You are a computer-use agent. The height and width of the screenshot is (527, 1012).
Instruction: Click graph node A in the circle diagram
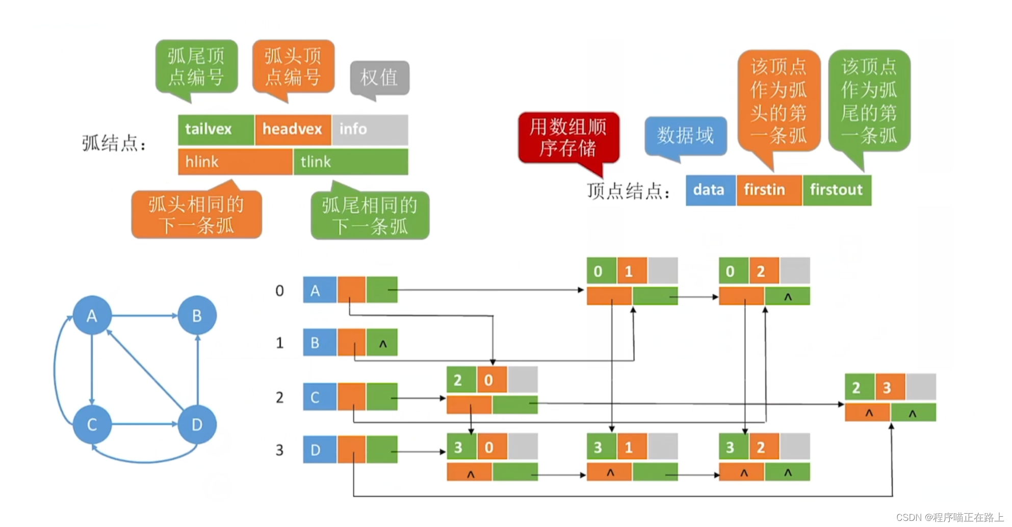point(92,316)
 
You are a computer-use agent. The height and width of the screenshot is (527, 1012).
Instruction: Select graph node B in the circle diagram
point(197,316)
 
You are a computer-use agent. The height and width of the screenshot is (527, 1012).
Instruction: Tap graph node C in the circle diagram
point(92,424)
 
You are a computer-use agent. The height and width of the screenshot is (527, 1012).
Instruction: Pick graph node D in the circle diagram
point(197,424)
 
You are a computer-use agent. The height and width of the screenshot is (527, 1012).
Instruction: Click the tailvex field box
point(216,130)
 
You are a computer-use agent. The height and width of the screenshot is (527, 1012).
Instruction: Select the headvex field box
point(293,130)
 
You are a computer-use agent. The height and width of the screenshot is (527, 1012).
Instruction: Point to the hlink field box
point(235,162)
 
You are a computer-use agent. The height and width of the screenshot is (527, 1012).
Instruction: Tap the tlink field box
point(351,162)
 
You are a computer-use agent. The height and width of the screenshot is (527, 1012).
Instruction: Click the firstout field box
point(837,190)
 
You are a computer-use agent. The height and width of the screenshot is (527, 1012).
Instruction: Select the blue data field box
point(710,190)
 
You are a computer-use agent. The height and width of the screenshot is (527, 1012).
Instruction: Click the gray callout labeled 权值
point(379,78)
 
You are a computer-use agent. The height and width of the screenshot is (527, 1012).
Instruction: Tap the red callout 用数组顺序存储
point(568,138)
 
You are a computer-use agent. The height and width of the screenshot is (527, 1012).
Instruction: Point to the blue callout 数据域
point(685,136)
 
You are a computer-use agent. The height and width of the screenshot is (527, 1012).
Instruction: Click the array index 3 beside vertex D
point(279,450)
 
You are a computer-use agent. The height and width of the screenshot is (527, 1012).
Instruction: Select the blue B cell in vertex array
point(319,342)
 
